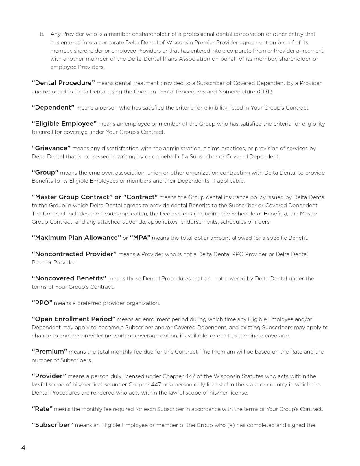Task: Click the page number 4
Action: [x=23, y=448]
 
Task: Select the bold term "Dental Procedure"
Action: [x=63, y=83]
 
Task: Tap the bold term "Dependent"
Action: [x=53, y=108]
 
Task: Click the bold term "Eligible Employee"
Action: [x=64, y=124]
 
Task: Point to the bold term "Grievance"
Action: [x=51, y=148]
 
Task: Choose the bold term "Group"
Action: [x=45, y=173]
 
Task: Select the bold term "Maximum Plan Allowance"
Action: [x=76, y=238]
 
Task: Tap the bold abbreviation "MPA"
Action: [x=140, y=238]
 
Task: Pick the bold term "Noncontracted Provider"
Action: [x=74, y=254]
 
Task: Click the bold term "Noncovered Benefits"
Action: [x=69, y=278]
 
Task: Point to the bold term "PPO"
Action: [x=42, y=303]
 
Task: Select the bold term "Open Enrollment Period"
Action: [x=73, y=319]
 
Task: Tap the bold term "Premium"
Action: [x=49, y=352]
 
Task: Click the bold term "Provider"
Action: [x=49, y=376]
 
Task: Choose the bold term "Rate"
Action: [x=42, y=409]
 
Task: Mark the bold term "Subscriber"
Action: [x=53, y=425]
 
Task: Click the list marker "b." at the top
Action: [x=42, y=34]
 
